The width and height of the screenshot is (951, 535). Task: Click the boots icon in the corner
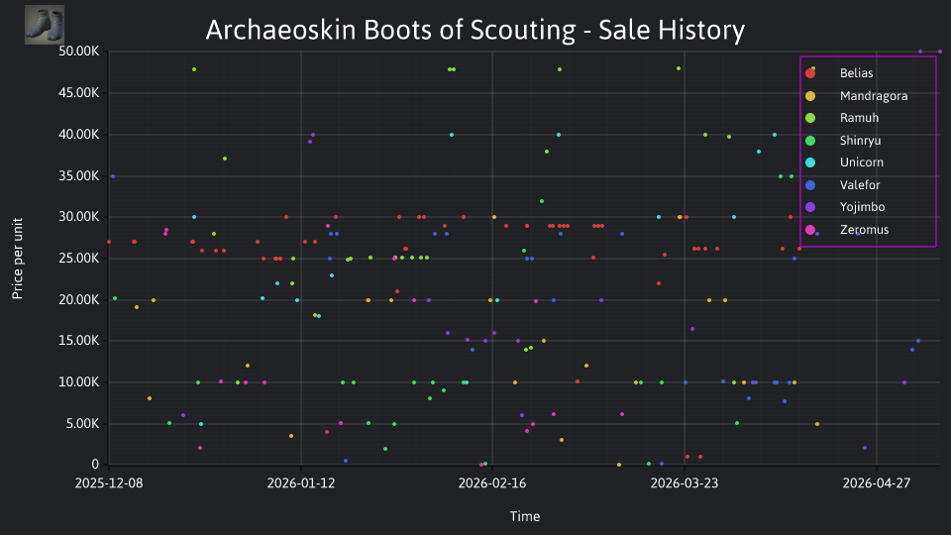pyautogui.click(x=45, y=25)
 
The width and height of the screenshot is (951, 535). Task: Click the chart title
pyautogui.click(x=475, y=31)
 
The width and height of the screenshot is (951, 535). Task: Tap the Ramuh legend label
pyautogui.click(x=859, y=118)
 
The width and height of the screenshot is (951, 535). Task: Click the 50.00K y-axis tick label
pyautogui.click(x=79, y=52)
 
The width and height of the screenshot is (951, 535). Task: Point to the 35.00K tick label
pyautogui.click(x=79, y=176)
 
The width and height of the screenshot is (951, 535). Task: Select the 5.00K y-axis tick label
pyautogui.click(x=82, y=424)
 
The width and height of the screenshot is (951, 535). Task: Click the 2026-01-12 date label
pyautogui.click(x=301, y=483)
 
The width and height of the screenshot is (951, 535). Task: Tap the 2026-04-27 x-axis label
pyautogui.click(x=877, y=483)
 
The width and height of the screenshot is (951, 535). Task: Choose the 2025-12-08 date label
pyautogui.click(x=109, y=483)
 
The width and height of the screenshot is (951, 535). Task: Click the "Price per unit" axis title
pyautogui.click(x=18, y=259)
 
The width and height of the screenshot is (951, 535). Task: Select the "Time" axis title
pyautogui.click(x=525, y=516)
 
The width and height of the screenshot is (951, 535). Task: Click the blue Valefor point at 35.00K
pyautogui.click(x=113, y=176)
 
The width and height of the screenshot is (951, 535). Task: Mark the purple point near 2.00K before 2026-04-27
pyautogui.click(x=865, y=448)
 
